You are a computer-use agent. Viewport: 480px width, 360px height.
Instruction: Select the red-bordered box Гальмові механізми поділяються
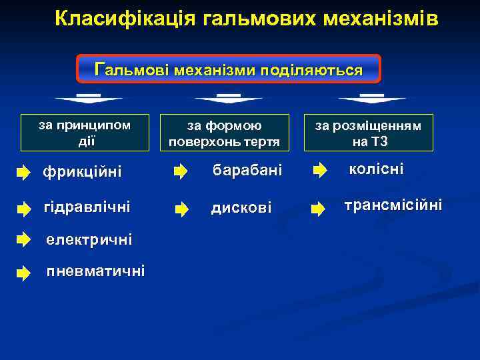(229, 69)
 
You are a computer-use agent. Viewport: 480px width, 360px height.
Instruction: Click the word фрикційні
(82, 173)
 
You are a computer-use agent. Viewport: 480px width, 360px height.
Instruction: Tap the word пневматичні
(95, 271)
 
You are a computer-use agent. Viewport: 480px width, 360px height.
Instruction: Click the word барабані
(247, 171)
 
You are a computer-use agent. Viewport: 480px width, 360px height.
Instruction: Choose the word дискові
(241, 208)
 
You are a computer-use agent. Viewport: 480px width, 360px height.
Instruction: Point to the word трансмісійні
(393, 205)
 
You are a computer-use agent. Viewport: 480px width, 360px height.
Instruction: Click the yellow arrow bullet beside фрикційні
(24, 173)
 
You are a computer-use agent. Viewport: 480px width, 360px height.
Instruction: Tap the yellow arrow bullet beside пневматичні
(24, 272)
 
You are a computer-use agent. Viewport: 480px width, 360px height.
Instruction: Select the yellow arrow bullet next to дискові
(181, 209)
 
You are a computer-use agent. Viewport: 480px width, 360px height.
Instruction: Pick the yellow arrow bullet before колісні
(319, 171)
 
